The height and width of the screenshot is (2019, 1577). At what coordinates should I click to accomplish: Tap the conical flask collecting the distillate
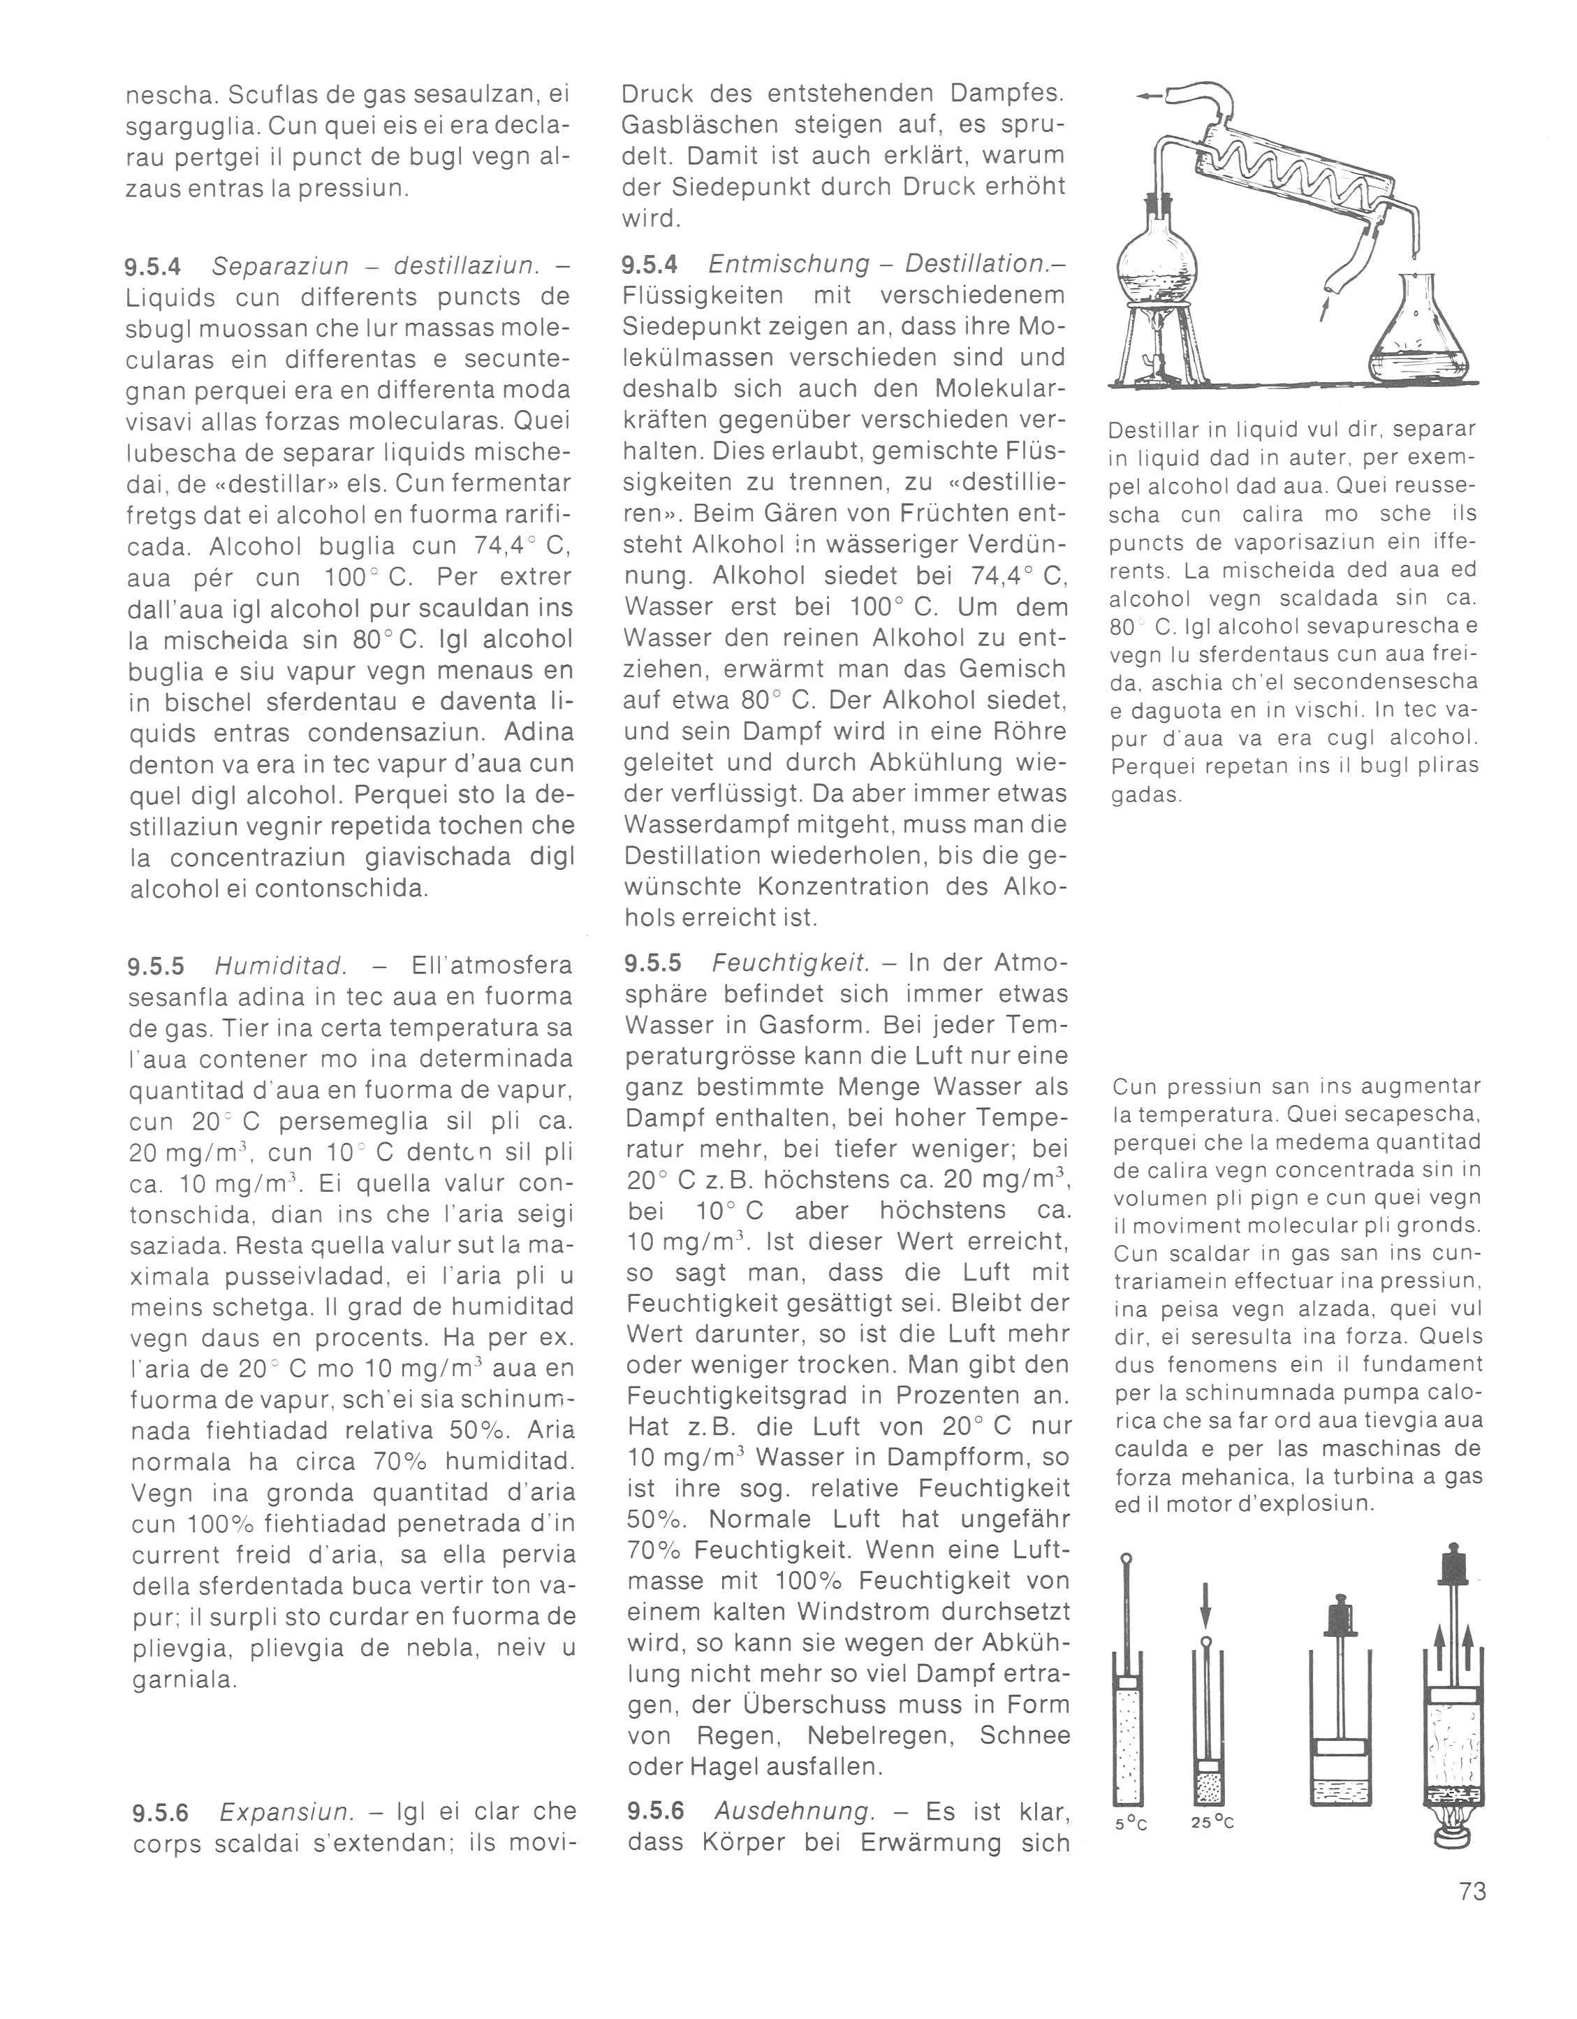click(1414, 333)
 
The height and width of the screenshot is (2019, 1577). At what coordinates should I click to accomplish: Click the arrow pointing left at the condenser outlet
click(1149, 95)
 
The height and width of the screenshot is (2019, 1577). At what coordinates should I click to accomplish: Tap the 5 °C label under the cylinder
click(1129, 1827)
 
